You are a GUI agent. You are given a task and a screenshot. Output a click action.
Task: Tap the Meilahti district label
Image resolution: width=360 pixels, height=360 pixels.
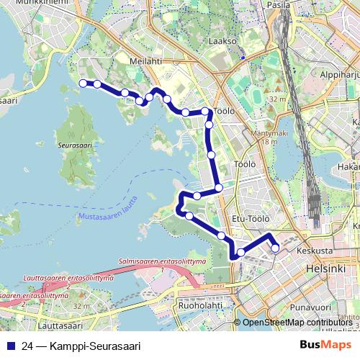145,61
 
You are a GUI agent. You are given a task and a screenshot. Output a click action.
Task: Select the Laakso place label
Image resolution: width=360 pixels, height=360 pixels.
222,42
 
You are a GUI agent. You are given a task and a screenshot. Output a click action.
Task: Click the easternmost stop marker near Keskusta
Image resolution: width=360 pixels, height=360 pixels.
275,248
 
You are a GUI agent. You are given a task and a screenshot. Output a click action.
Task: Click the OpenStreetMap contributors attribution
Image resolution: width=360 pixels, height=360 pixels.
297,323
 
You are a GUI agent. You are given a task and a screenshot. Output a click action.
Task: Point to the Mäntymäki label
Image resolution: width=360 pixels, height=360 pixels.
261,133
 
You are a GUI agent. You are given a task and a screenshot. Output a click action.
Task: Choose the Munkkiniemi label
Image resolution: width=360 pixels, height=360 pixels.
37,3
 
